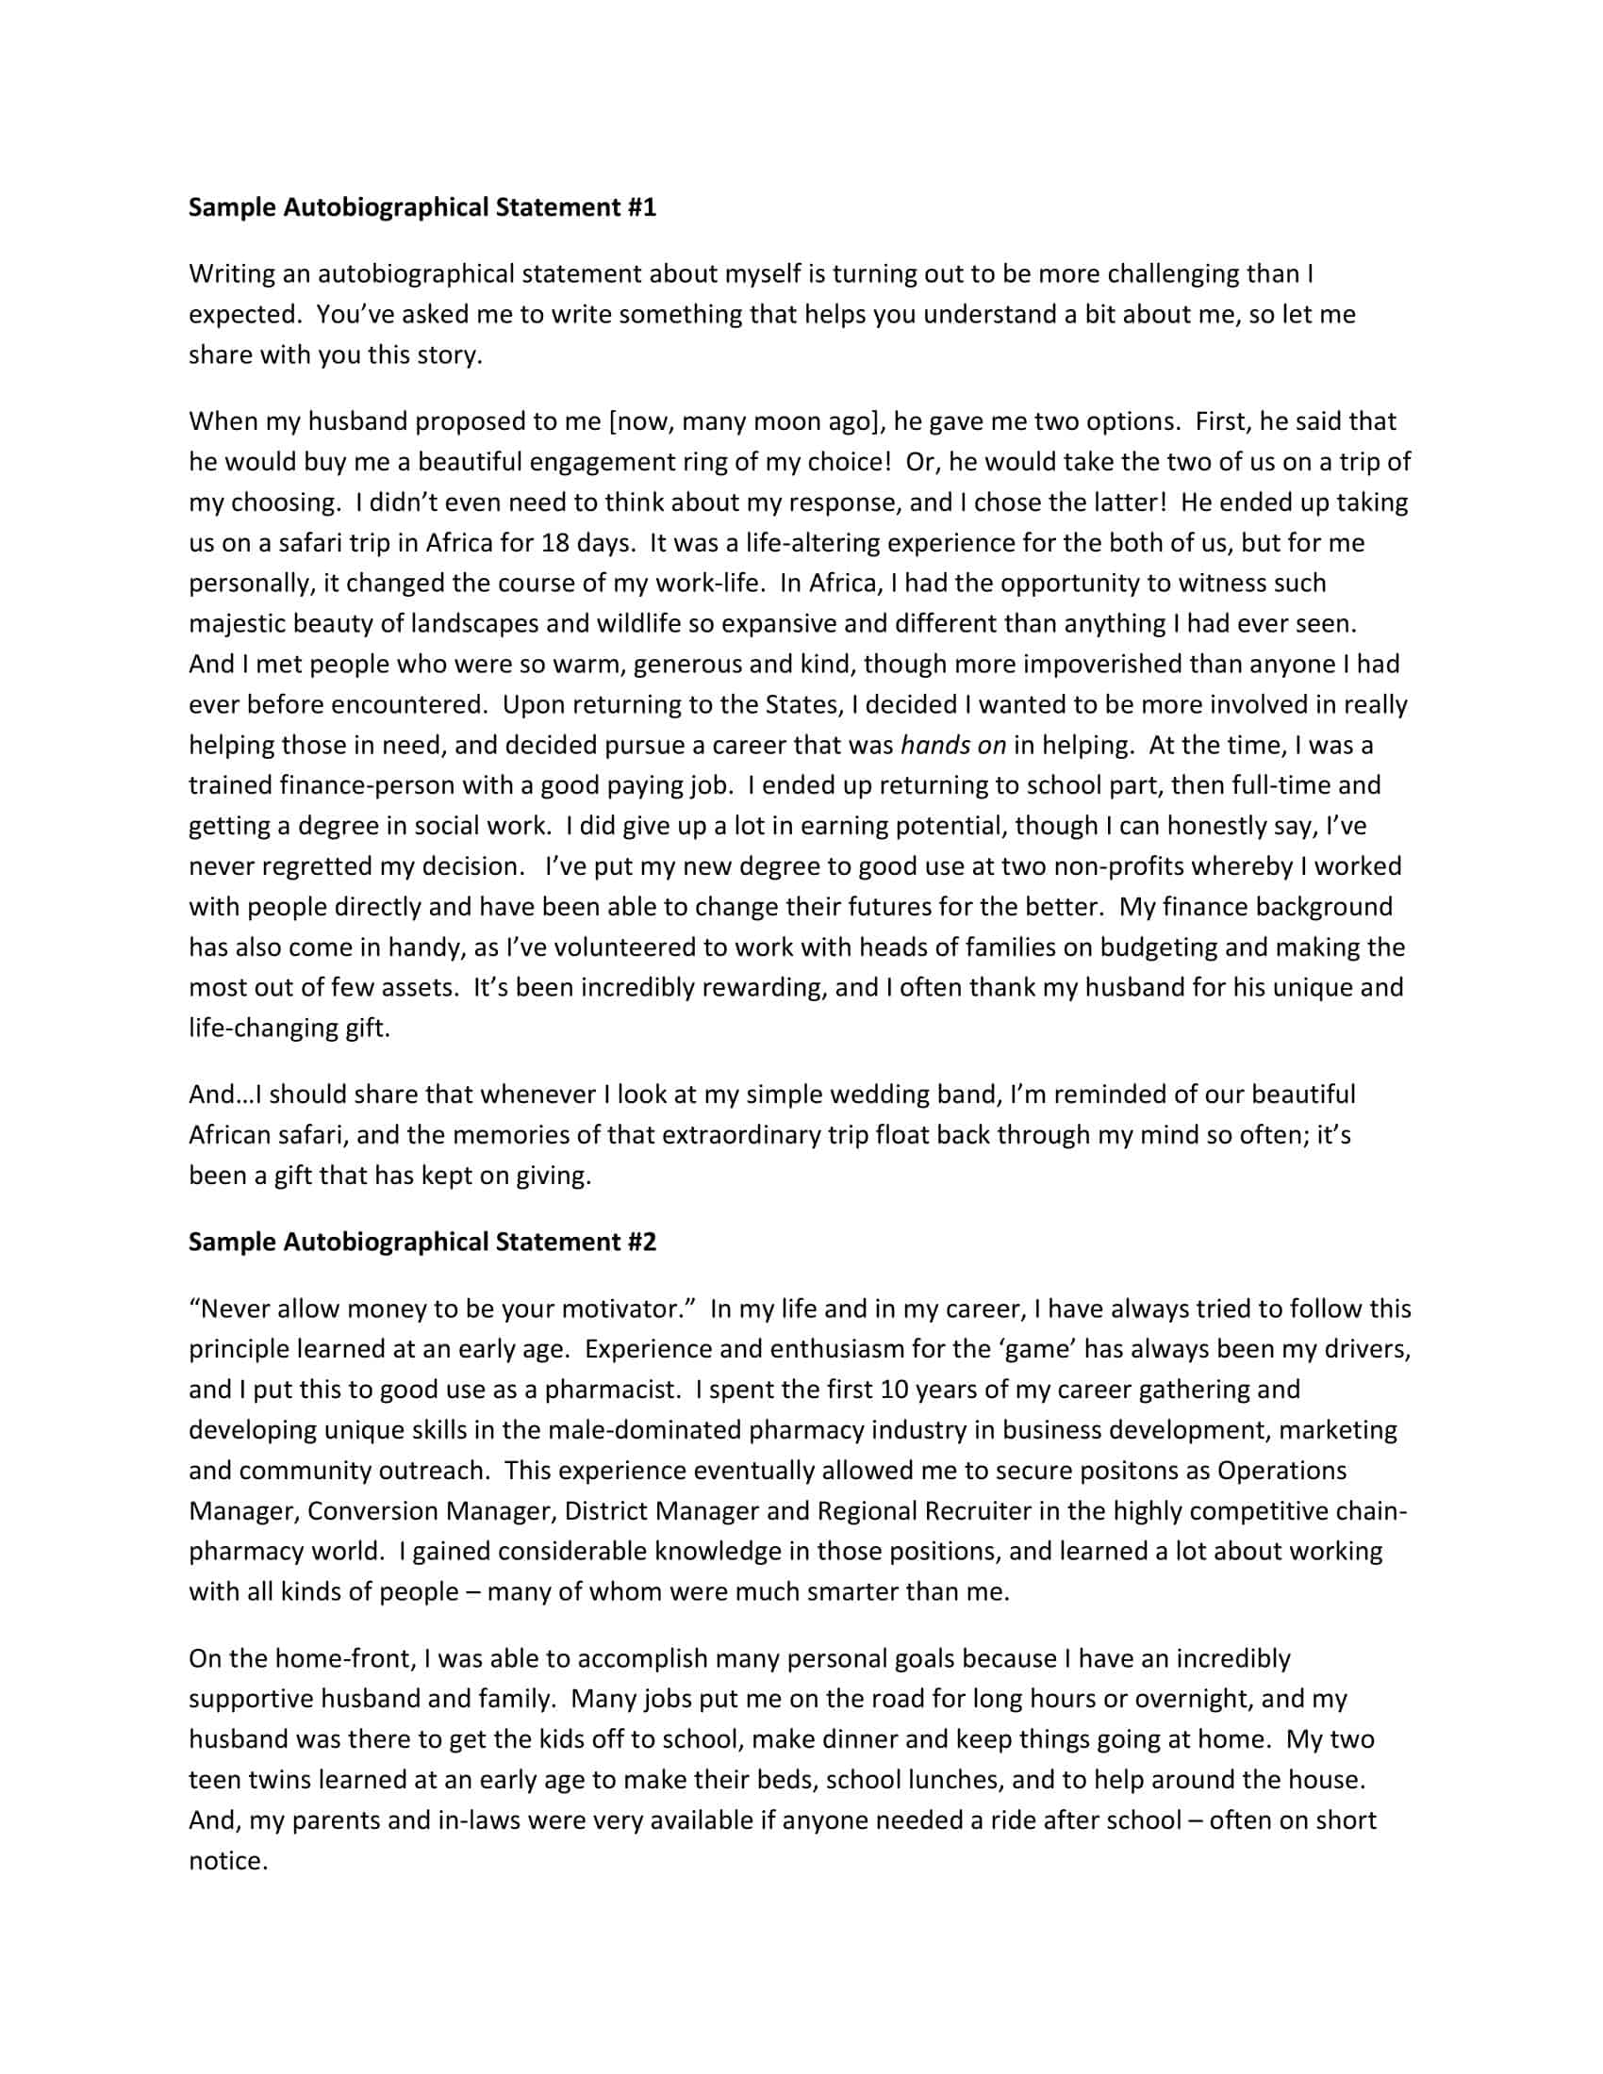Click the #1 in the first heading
pos(642,207)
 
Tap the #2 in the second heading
pos(642,1242)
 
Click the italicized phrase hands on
pos(952,745)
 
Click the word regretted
pos(306,866)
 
